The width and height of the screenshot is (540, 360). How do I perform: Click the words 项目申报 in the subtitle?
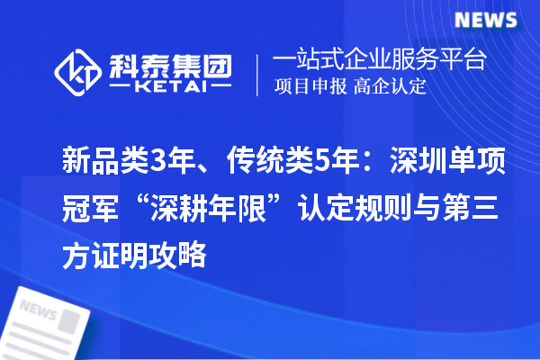point(308,87)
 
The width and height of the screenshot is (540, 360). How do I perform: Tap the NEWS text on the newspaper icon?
point(37,310)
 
